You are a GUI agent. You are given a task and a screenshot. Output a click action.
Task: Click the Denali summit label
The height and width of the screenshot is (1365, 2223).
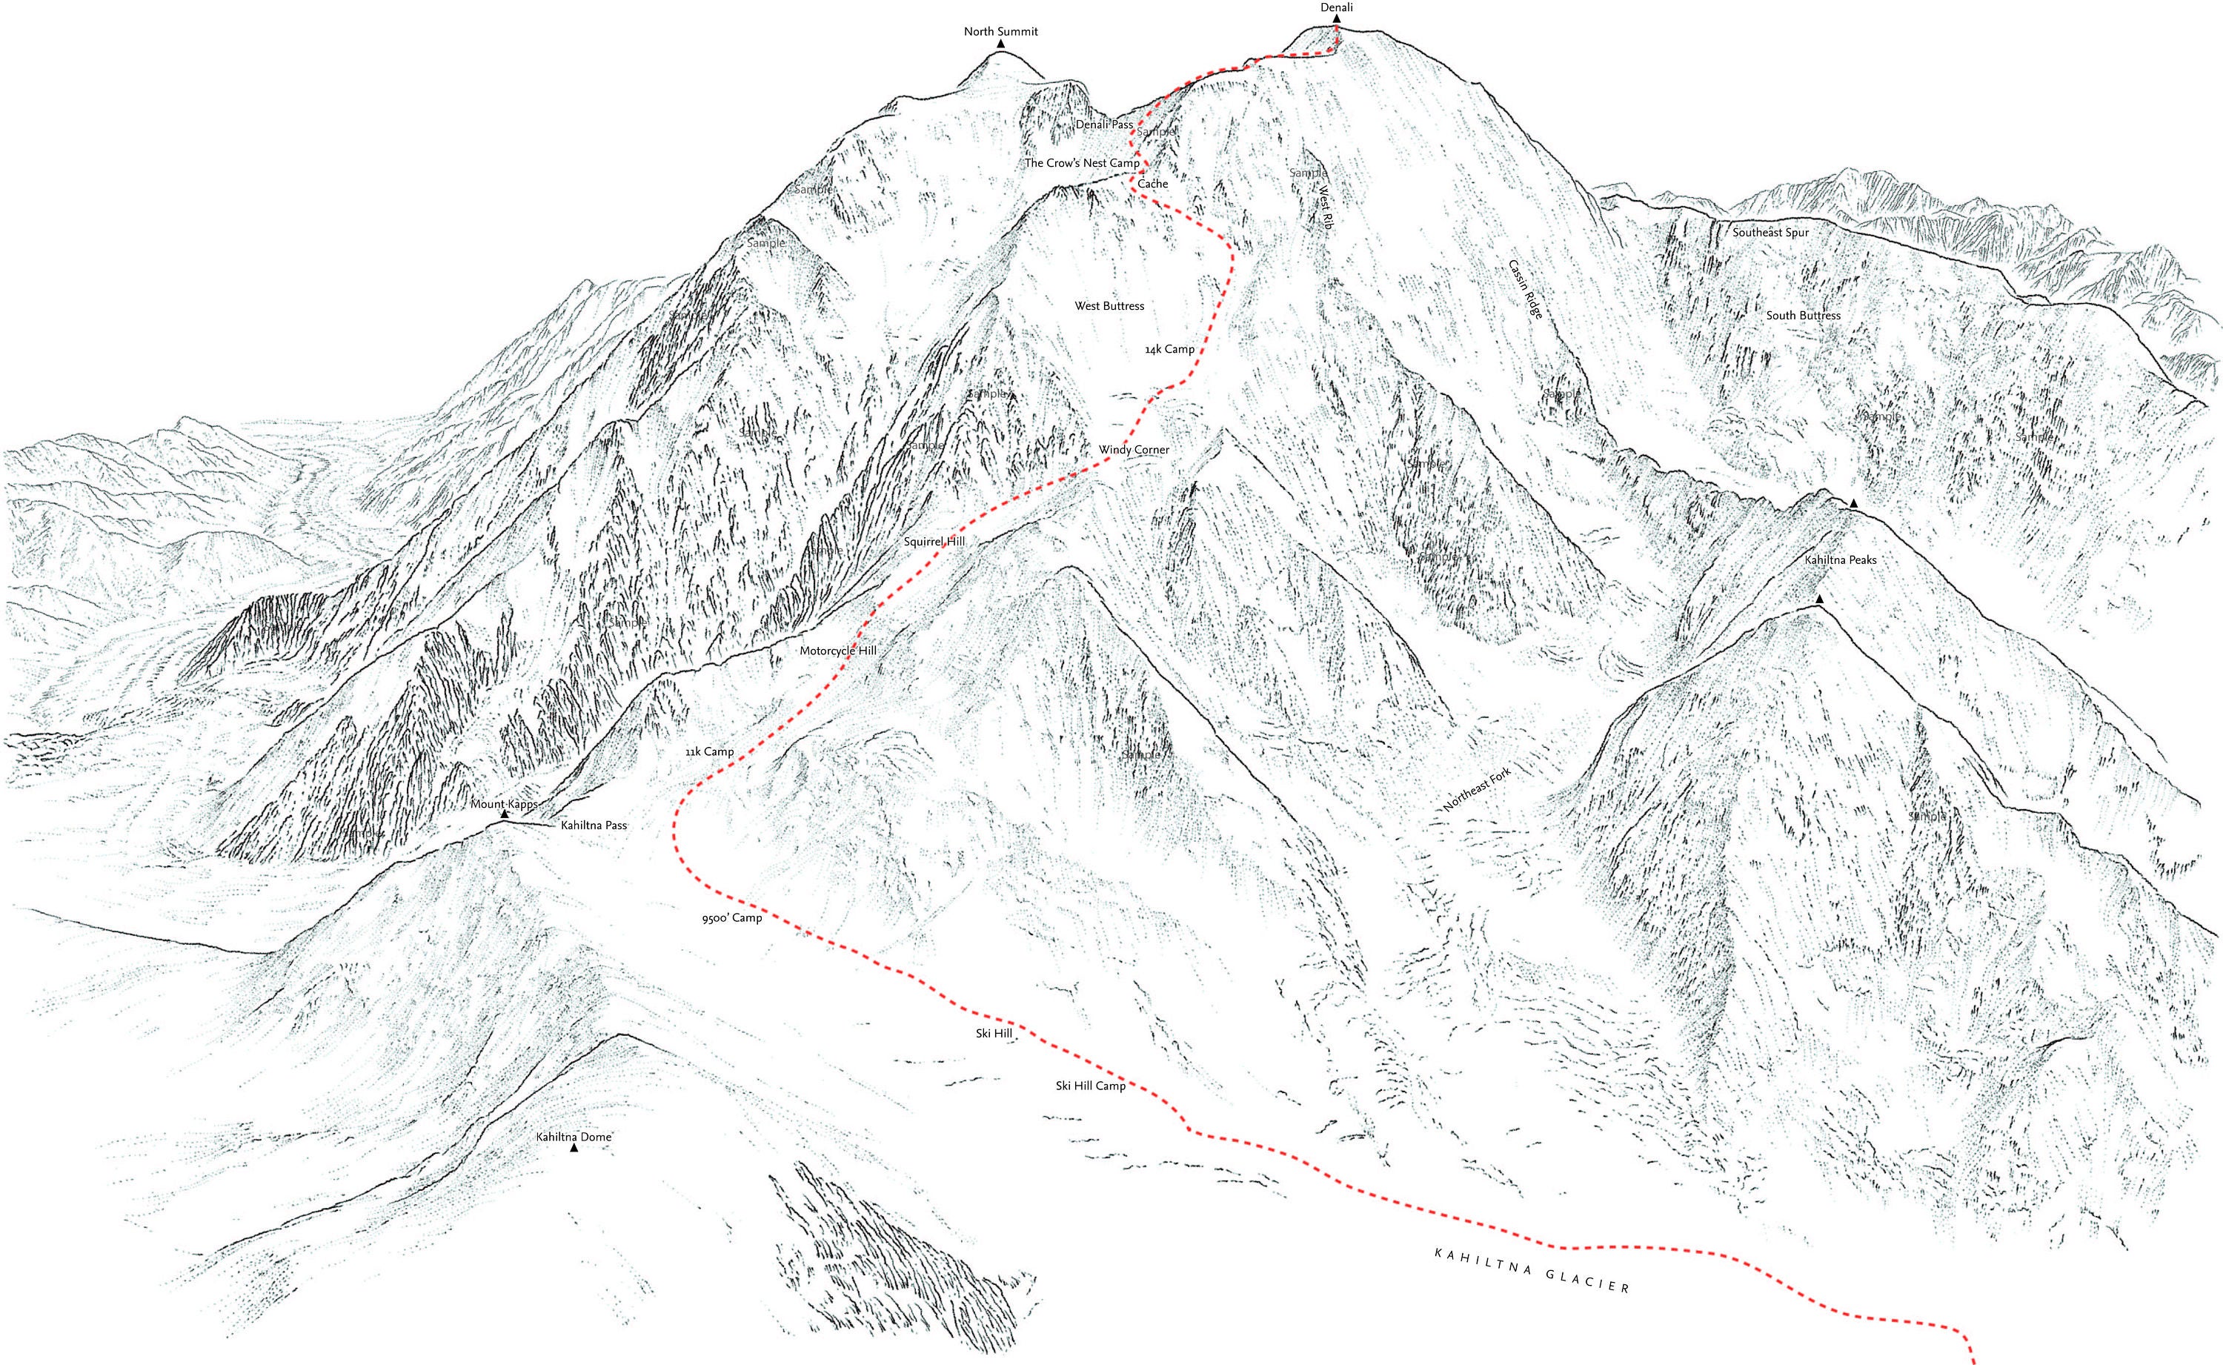1336,7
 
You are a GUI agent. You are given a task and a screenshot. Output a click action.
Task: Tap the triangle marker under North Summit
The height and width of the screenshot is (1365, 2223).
1000,43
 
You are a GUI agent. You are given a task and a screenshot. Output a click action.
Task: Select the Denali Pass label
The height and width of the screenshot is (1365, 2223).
1104,124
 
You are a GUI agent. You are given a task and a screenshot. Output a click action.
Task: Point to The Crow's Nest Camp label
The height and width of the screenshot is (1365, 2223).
1081,164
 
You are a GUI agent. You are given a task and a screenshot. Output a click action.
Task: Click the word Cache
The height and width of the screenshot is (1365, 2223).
1152,185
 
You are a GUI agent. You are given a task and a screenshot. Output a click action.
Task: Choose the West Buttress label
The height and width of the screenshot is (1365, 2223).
1109,306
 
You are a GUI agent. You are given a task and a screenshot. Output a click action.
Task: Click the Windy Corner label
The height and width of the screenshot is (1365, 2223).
1134,450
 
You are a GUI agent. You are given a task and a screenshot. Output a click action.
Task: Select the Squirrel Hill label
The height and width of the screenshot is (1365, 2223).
934,542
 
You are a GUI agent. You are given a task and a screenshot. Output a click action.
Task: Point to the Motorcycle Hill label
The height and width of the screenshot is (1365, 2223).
837,650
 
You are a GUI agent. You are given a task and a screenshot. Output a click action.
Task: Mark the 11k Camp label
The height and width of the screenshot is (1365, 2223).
709,751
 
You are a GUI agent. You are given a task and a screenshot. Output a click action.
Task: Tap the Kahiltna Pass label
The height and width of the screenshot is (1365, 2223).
593,825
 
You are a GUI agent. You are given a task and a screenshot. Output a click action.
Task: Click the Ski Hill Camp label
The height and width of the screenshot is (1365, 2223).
1090,1086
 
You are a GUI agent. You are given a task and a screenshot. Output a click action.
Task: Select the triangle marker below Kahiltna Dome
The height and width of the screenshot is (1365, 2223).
573,1149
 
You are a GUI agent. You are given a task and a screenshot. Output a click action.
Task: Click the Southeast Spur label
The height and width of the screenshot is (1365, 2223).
1770,233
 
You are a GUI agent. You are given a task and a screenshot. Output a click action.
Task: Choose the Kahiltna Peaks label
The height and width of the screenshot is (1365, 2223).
1841,559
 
